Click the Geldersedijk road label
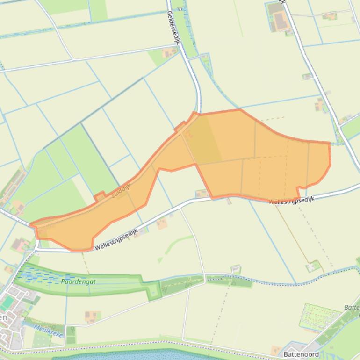pyautogui.click(x=173, y=29)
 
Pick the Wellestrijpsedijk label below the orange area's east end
pyautogui.click(x=292, y=200)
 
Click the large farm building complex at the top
pyautogui.click(x=279, y=19)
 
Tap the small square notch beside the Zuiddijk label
pyautogui.click(x=100, y=197)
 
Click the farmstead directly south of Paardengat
pyautogui.click(x=92, y=317)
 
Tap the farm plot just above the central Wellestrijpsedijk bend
pyautogui.click(x=202, y=193)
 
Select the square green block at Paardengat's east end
pyautogui.click(x=153, y=292)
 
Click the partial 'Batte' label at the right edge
pyautogui.click(x=352, y=307)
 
